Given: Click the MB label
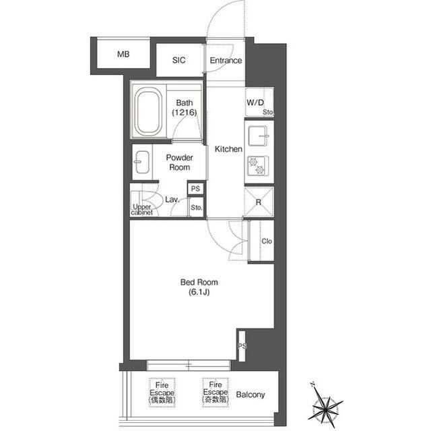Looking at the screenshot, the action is [x=123, y=54].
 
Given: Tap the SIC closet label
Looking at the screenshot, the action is [x=178, y=60].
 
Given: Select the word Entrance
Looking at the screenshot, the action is [x=226, y=60].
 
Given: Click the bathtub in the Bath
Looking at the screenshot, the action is [x=148, y=112].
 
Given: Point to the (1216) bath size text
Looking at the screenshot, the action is [x=185, y=112].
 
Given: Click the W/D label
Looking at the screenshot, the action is [x=255, y=103].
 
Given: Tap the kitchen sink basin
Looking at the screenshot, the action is [x=257, y=136].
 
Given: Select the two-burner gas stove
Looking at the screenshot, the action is [x=257, y=166].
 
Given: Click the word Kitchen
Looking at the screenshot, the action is [x=228, y=149].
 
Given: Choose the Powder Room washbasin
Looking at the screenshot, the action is [x=142, y=163].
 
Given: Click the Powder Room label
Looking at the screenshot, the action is [x=180, y=163].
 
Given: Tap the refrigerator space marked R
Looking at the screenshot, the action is [x=259, y=202].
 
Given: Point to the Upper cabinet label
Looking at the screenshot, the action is [x=142, y=210].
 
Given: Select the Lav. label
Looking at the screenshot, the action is [x=172, y=200].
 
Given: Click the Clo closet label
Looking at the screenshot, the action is [x=267, y=241].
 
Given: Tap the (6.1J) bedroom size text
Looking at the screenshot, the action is [x=199, y=292].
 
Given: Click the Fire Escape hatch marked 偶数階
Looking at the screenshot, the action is [x=162, y=393].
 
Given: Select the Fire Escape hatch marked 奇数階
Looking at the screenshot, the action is [x=215, y=392].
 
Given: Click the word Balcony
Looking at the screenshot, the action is [x=251, y=395].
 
